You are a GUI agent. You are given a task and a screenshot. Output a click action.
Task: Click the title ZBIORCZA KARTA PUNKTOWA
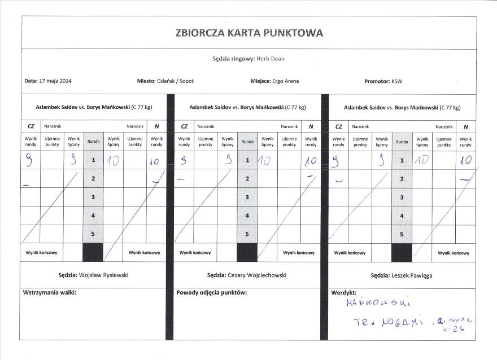(x=249, y=33)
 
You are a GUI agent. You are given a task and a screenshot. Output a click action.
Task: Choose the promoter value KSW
(x=397, y=81)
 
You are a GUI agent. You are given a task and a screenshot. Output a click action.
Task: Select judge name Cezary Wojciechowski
(x=262, y=275)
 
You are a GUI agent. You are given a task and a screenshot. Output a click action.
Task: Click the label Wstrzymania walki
(x=50, y=292)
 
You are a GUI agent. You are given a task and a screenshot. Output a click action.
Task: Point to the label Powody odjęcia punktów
(x=212, y=292)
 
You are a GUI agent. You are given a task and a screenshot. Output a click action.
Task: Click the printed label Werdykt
(x=343, y=292)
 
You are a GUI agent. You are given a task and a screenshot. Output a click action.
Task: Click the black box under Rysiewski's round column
(x=93, y=253)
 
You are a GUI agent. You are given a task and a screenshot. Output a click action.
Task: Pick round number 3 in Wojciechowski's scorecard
(x=247, y=197)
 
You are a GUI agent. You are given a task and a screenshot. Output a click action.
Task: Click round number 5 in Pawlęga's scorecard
(x=402, y=234)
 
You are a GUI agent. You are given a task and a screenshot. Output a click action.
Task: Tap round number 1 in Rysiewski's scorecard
(x=93, y=161)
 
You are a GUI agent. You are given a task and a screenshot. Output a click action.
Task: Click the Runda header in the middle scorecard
(x=247, y=142)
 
